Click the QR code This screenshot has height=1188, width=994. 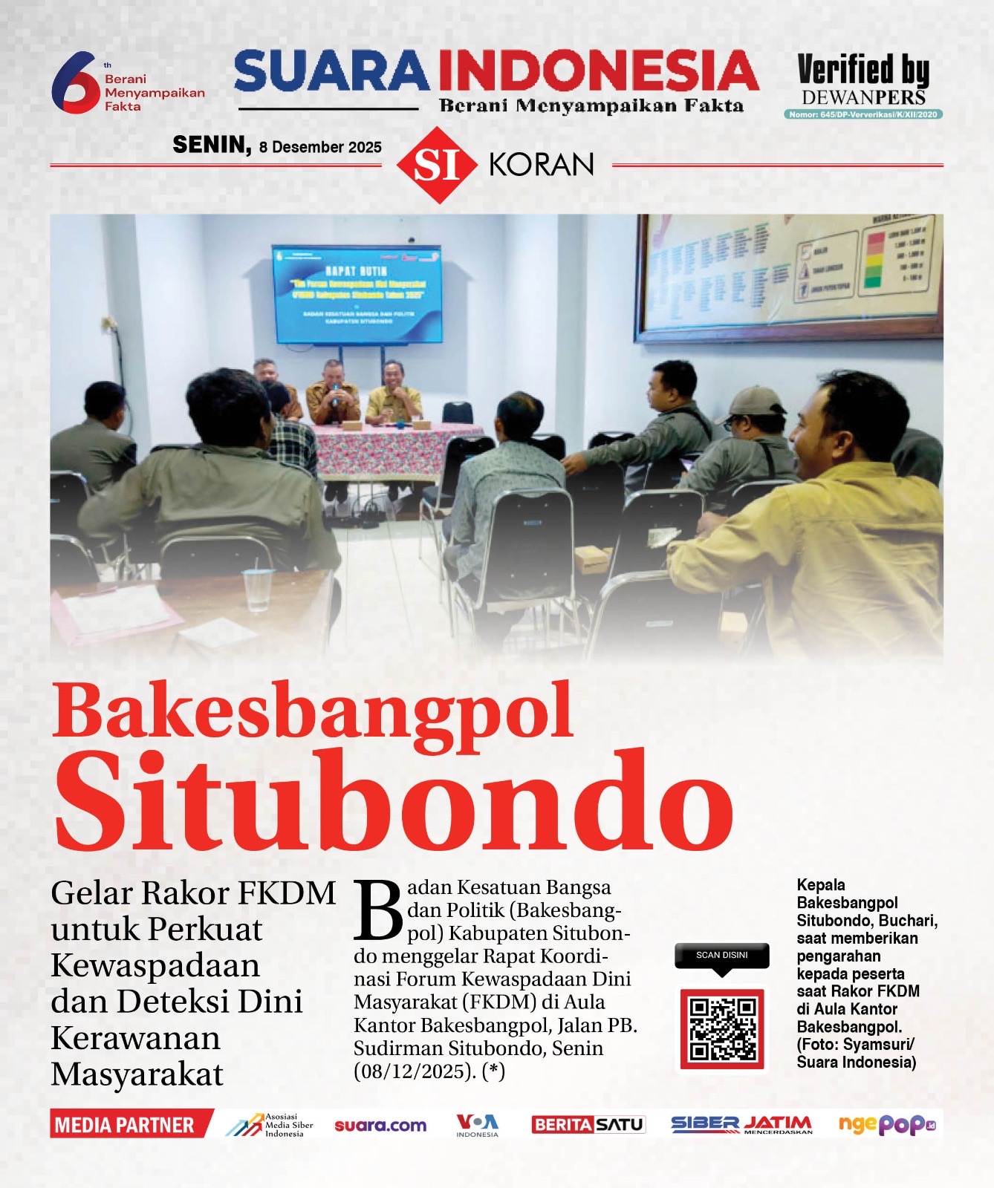point(722,1029)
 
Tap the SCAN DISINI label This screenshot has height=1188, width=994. point(721,955)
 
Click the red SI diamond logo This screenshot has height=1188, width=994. point(437,165)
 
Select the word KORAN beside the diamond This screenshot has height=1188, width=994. point(542,165)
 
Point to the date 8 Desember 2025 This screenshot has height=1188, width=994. point(320,147)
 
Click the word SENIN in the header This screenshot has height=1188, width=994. point(212,145)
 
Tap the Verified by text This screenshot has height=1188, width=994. point(863,71)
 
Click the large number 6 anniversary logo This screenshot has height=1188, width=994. point(74,82)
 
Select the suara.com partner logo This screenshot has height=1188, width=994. point(380,1126)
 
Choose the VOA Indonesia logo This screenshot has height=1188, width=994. point(477,1125)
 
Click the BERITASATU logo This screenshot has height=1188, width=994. point(588,1125)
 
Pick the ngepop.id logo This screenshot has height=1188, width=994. point(886,1125)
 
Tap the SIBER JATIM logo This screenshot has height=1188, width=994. point(741,1125)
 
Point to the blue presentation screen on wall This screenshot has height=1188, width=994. point(357,293)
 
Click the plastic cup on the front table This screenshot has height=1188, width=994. point(258,590)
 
